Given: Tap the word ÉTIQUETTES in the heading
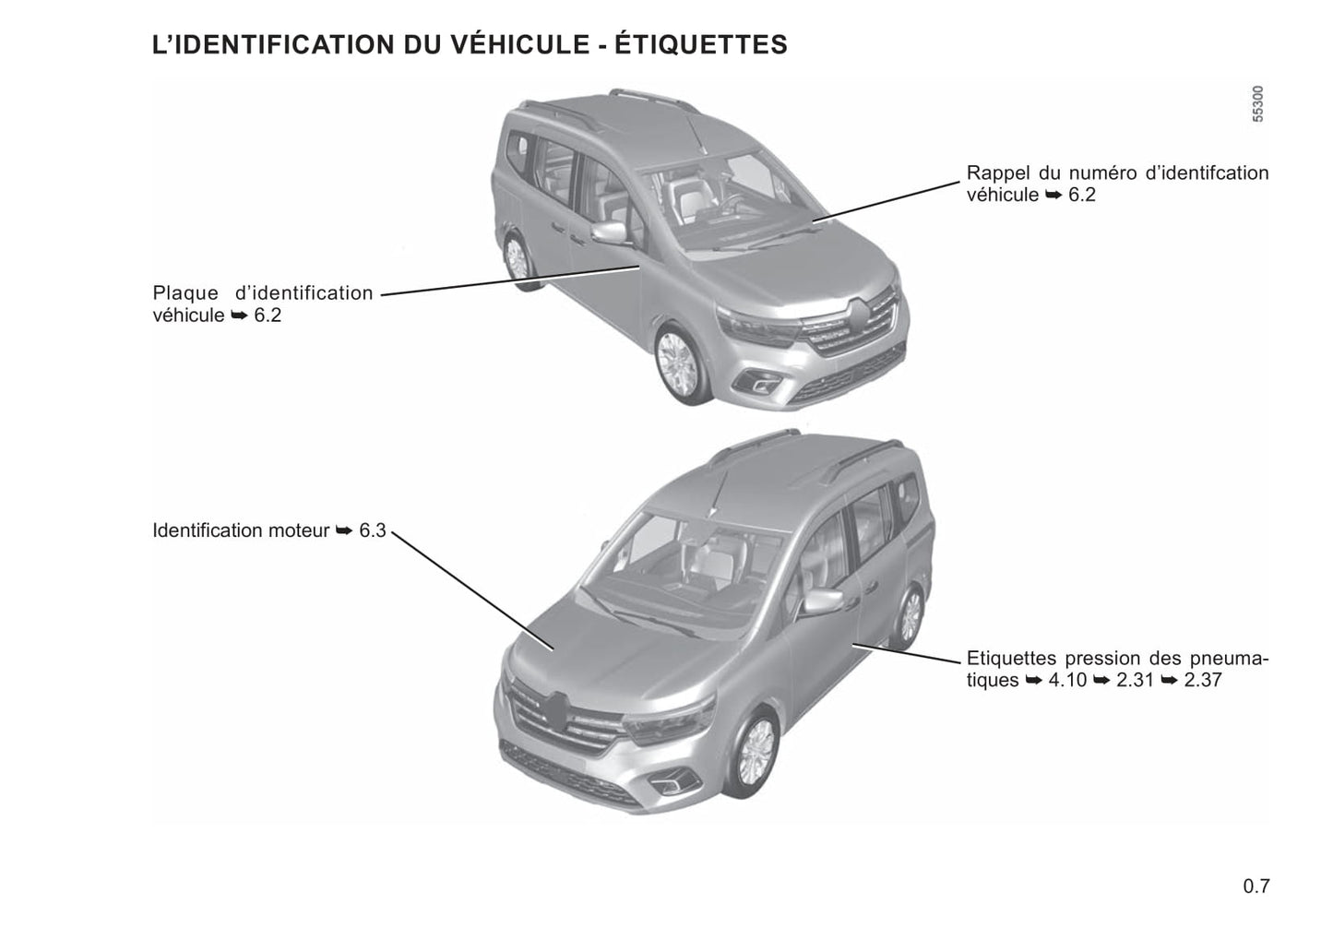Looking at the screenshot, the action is (x=700, y=44).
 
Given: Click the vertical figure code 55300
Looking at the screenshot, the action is (x=1257, y=104).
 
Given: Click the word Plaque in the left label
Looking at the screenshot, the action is (x=185, y=293).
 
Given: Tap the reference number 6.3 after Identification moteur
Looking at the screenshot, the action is (x=373, y=530).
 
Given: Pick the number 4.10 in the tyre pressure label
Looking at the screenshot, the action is (x=1067, y=680).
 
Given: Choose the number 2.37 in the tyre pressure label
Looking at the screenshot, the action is (x=1203, y=680).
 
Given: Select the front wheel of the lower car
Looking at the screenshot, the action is (x=756, y=754).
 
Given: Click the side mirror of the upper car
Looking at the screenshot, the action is (x=610, y=232).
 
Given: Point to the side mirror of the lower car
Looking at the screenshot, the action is (x=823, y=601).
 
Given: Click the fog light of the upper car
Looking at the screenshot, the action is (x=757, y=383).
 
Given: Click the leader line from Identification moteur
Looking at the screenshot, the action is (x=472, y=590).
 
